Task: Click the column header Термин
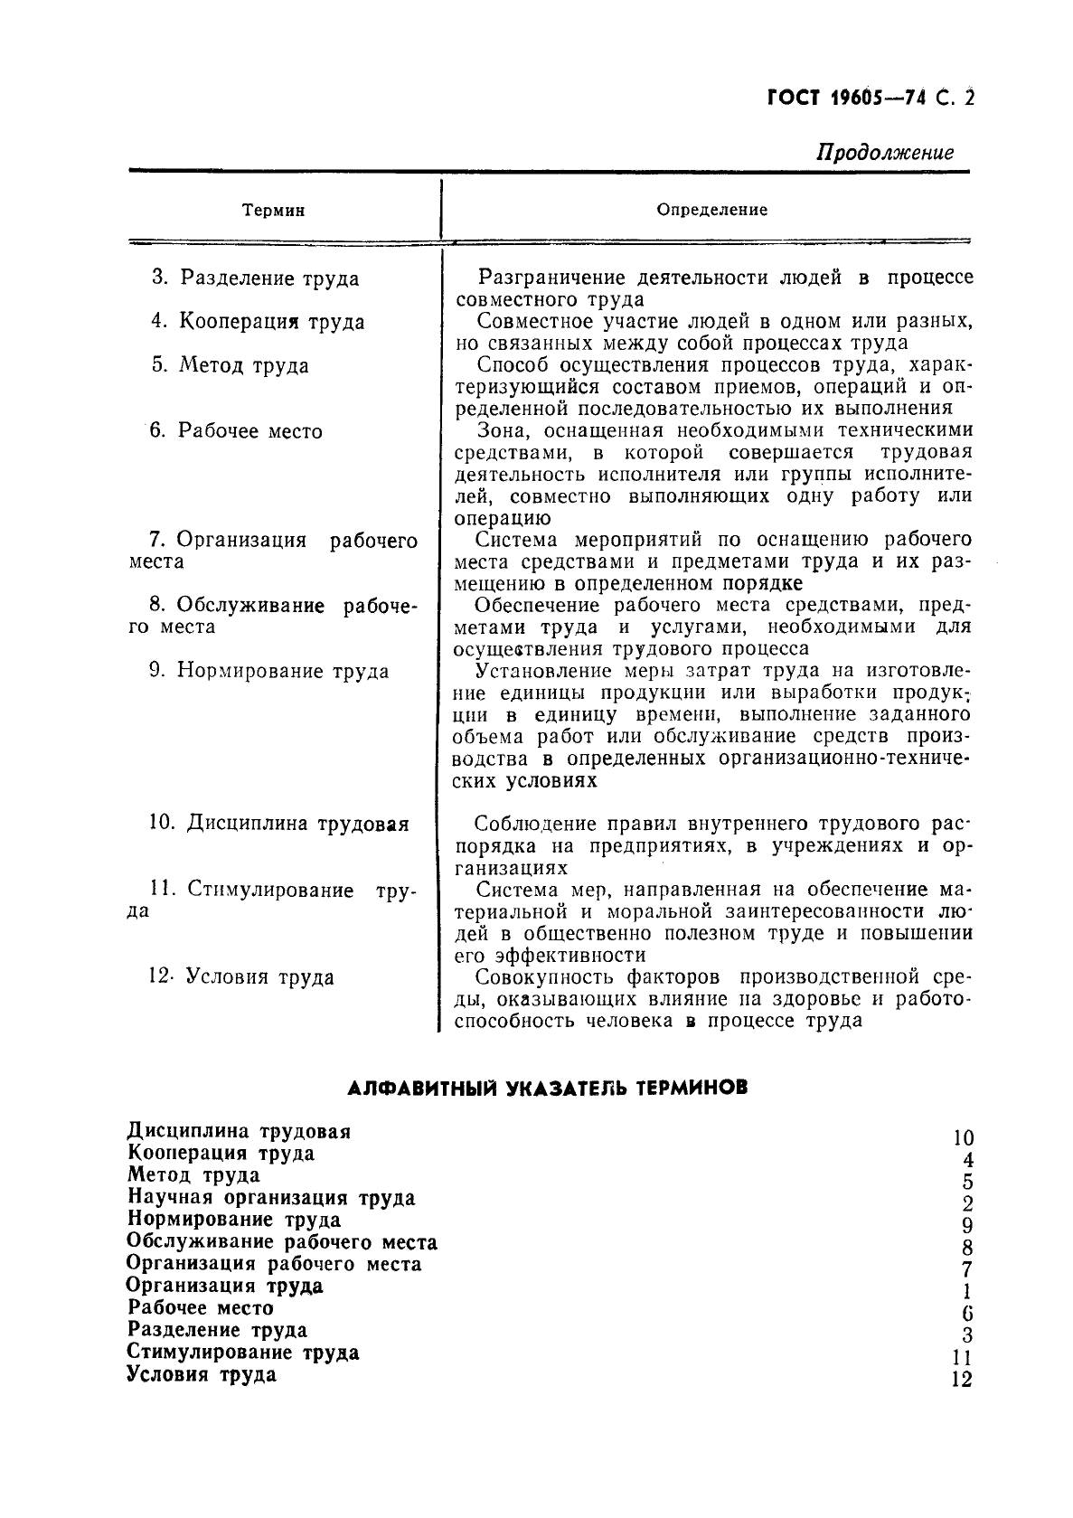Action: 274,211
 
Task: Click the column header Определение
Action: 711,210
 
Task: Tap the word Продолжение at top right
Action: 885,152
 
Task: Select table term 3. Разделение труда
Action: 256,278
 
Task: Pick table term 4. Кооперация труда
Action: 258,322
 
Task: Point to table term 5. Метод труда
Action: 231,365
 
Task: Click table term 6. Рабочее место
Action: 237,431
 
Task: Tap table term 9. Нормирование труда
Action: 269,672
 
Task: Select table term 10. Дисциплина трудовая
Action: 278,825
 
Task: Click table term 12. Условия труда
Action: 240,977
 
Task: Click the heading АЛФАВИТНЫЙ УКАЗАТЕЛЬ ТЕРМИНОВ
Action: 548,1089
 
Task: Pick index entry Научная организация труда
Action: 271,1198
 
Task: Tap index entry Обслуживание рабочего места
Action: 282,1242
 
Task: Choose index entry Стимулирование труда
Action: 243,1353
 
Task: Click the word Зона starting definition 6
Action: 501,430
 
